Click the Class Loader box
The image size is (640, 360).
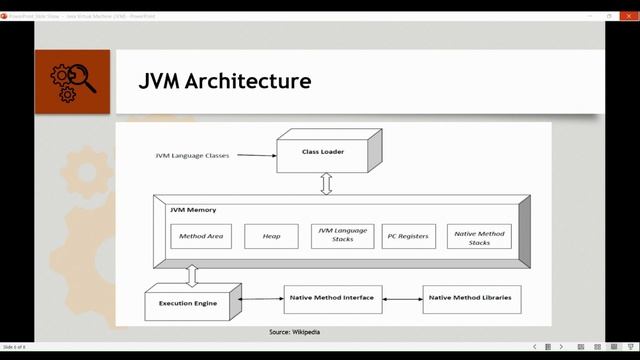coord(322,152)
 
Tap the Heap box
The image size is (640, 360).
coord(271,236)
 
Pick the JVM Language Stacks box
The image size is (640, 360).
coord(342,236)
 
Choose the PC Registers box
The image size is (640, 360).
coord(409,236)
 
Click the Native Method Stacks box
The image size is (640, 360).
coord(478,236)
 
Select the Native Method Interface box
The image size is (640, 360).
coord(332,298)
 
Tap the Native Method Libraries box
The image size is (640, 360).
coord(471,298)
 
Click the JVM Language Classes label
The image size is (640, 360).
coord(191,155)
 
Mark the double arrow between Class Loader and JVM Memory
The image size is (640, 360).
coord(325,184)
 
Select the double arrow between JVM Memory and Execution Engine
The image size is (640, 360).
coord(192,276)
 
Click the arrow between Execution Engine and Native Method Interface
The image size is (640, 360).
coord(262,298)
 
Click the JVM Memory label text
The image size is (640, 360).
coord(192,210)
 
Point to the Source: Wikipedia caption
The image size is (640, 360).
coord(295,332)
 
